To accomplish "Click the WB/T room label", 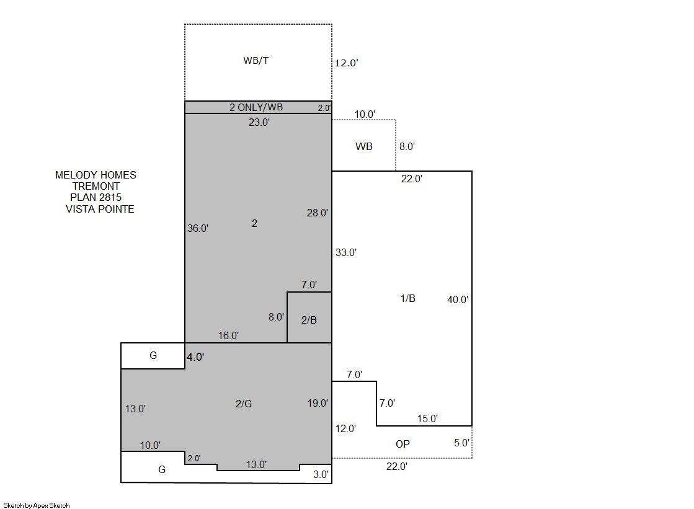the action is pyautogui.click(x=256, y=61).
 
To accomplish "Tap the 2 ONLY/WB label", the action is pyautogui.click(x=256, y=107).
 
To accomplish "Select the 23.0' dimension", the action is pyautogui.click(x=259, y=122).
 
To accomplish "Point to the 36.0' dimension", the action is pyautogui.click(x=197, y=228).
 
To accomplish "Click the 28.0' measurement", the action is pyautogui.click(x=318, y=213).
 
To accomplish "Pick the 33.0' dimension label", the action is pyautogui.click(x=345, y=253).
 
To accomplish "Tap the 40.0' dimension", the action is pyautogui.click(x=457, y=299).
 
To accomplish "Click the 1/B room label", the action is pyautogui.click(x=407, y=299).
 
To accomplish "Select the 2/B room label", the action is pyautogui.click(x=309, y=320).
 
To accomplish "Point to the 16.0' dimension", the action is pyautogui.click(x=228, y=335).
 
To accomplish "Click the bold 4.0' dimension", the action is pyautogui.click(x=195, y=356).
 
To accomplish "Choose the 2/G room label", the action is pyautogui.click(x=244, y=404).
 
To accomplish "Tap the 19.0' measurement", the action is pyautogui.click(x=318, y=403).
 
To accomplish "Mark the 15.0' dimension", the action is pyautogui.click(x=427, y=418).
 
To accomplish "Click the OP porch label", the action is pyautogui.click(x=403, y=444).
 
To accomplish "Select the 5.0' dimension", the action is pyautogui.click(x=461, y=443).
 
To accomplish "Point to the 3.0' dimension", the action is pyautogui.click(x=321, y=474).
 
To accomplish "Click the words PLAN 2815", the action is pyautogui.click(x=96, y=197).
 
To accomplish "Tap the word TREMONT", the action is pyautogui.click(x=96, y=187).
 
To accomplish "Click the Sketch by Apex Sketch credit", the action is pyautogui.click(x=37, y=505).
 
